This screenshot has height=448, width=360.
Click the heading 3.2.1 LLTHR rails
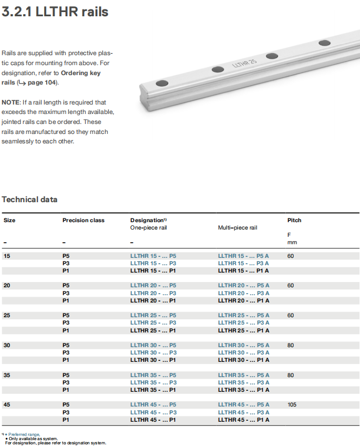(55, 12)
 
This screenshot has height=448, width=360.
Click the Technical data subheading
(29, 200)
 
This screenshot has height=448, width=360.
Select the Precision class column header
(83, 220)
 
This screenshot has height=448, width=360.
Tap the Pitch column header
(294, 220)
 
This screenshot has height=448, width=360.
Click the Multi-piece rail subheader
(238, 228)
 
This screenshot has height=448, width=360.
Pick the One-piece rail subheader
(149, 228)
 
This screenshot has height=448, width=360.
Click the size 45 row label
(7, 405)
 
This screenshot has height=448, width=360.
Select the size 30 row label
(7, 345)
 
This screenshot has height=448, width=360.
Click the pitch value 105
(293, 405)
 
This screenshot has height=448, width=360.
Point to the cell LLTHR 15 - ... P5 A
(243, 256)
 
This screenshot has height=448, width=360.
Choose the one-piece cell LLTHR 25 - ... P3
(153, 323)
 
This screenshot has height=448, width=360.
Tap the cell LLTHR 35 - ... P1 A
(243, 390)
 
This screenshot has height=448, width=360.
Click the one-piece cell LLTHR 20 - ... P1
(153, 300)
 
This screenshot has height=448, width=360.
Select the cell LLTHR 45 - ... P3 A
(243, 412)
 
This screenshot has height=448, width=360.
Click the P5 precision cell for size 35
(66, 375)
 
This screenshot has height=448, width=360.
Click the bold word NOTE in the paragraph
(10, 102)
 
